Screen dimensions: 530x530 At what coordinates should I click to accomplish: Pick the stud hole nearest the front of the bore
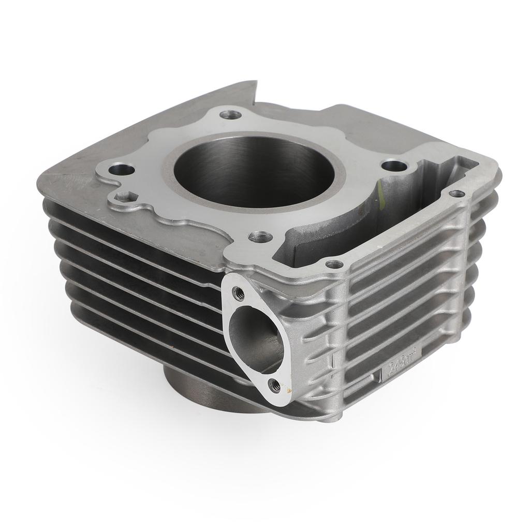click(x=260, y=237)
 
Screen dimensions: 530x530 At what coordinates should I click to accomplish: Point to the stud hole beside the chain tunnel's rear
click(x=396, y=166)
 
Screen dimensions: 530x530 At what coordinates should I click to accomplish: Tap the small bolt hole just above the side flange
click(x=335, y=264)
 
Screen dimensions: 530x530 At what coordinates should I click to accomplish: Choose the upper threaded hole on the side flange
click(x=239, y=293)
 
